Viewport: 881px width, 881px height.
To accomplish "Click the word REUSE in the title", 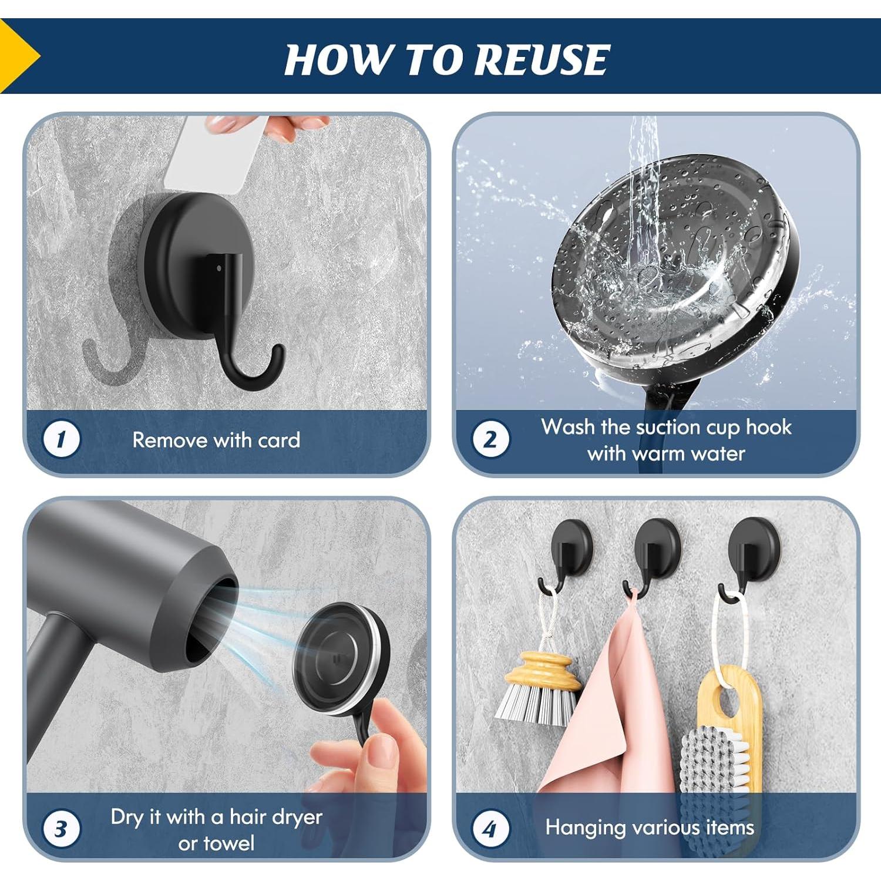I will (x=542, y=60).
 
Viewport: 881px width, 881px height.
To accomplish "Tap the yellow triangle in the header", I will (x=18, y=56).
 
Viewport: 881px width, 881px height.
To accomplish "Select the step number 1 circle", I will (x=61, y=440).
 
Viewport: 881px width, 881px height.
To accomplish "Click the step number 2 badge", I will (x=490, y=440).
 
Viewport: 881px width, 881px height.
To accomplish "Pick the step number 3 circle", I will (x=61, y=829).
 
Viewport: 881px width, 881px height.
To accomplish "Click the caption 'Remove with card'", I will (x=216, y=440).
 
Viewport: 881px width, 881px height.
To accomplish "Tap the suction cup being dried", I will (x=341, y=658).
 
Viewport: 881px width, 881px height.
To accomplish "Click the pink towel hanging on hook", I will (x=611, y=705).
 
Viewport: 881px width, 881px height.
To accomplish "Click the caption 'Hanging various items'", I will (x=649, y=828).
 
